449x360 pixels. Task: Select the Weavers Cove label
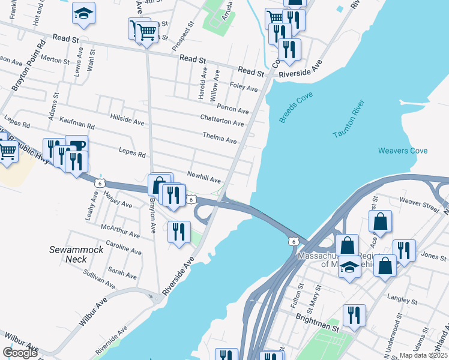pyautogui.click(x=403, y=151)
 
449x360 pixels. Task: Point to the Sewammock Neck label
pyautogui.click(x=68, y=254)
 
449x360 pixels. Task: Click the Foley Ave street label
pyautogui.click(x=244, y=88)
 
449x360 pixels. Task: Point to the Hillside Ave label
pyautogui.click(x=127, y=121)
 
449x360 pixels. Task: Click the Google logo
pyautogui.click(x=20, y=353)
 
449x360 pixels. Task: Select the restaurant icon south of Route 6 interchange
pyautogui.click(x=179, y=232)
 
